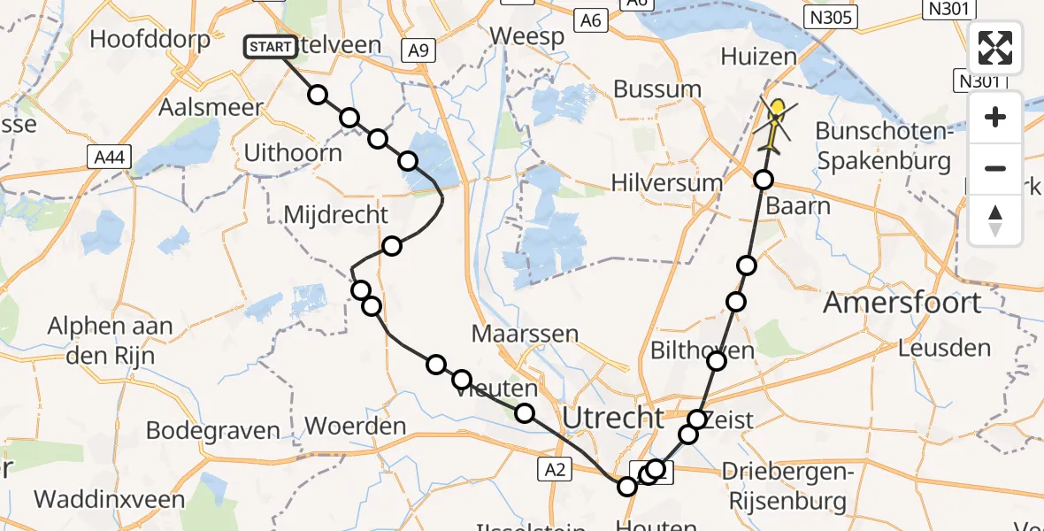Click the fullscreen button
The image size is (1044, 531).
pyautogui.click(x=995, y=48)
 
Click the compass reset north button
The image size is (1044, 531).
pyautogui.click(x=995, y=219)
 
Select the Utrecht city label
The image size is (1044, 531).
pyautogui.click(x=614, y=417)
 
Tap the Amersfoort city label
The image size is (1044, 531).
pyautogui.click(x=902, y=303)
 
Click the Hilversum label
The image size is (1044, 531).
pyautogui.click(x=667, y=183)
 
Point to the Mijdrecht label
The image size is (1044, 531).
pyautogui.click(x=335, y=214)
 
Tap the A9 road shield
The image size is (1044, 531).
pyautogui.click(x=419, y=51)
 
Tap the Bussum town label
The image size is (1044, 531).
pyautogui.click(x=657, y=89)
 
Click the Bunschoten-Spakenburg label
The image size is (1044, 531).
pyautogui.click(x=882, y=146)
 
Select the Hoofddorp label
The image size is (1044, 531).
pyautogui.click(x=150, y=39)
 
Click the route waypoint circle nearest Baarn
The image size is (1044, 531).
pyautogui.click(x=764, y=180)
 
